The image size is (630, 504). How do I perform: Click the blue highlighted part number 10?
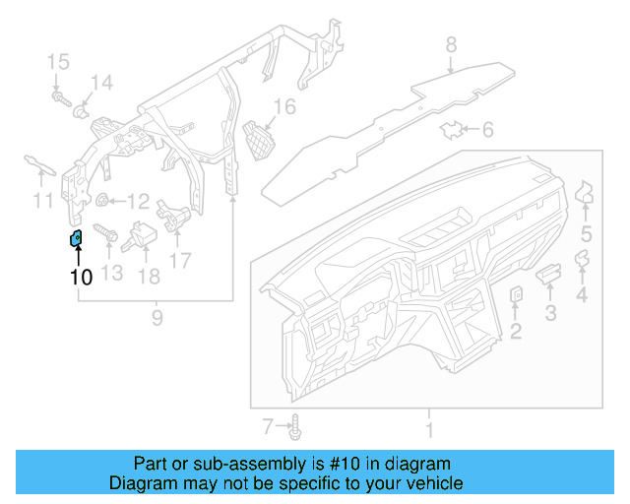[x=74, y=238]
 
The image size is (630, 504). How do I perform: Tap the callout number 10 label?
[x=81, y=278]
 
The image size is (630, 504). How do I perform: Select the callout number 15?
[x=58, y=64]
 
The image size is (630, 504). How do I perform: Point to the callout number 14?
[x=102, y=82]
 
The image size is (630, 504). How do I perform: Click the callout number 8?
[x=451, y=44]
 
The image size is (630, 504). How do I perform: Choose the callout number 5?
[x=586, y=233]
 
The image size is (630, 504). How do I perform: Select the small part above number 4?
[x=582, y=259]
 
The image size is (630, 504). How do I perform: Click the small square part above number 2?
[x=516, y=294]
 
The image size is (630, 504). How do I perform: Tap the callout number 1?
[x=429, y=430]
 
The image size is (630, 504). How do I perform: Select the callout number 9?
[x=156, y=317]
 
